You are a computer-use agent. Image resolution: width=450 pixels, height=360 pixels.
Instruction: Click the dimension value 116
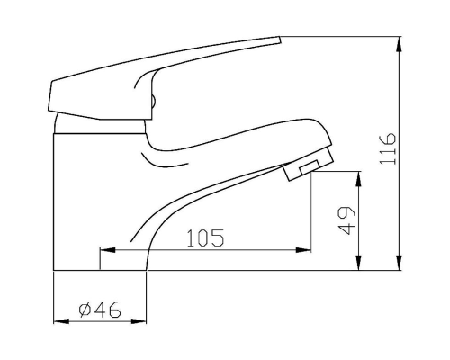click(388, 148)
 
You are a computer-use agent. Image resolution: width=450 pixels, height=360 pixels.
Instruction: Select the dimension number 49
click(346, 220)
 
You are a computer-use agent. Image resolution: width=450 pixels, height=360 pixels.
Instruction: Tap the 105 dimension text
click(205, 238)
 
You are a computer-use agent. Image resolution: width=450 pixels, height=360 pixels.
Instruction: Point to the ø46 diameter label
click(100, 310)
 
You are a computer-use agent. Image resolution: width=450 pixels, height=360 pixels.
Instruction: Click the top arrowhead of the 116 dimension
click(399, 44)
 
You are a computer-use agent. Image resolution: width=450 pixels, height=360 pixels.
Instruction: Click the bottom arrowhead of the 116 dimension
click(399, 263)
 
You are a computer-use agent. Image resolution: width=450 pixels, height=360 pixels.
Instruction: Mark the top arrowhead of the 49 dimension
click(358, 179)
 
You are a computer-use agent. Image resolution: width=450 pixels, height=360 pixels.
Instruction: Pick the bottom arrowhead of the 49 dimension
click(358, 263)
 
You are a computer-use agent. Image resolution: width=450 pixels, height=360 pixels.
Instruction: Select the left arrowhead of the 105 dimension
click(107, 250)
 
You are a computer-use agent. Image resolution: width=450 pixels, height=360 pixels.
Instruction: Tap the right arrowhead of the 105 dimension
click(303, 250)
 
